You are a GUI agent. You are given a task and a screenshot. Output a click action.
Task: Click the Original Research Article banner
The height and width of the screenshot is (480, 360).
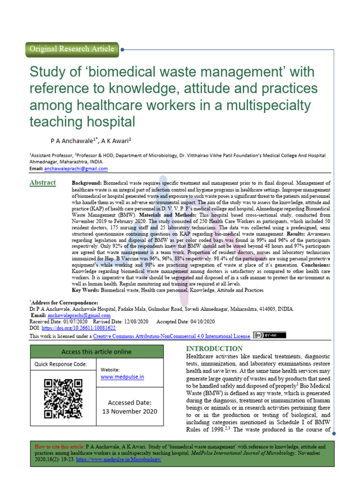pyautogui.click(x=71, y=49)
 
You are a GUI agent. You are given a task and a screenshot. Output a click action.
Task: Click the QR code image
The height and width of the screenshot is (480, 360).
pyautogui.click(x=63, y=398)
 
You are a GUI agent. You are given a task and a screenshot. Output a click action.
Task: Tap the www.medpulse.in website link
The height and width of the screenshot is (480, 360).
pyautogui.click(x=122, y=377)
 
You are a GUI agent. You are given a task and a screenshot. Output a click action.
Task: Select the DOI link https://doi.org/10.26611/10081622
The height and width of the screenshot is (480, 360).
pyautogui.click(x=80, y=328)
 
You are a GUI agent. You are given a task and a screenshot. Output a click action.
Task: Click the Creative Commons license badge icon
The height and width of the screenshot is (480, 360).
pyautogui.click(x=270, y=335)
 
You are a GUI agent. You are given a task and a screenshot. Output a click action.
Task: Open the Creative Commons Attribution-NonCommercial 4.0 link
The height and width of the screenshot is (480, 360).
pyautogui.click(x=172, y=336)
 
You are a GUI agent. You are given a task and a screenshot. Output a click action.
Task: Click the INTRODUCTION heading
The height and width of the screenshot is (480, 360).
pyautogui.click(x=215, y=349)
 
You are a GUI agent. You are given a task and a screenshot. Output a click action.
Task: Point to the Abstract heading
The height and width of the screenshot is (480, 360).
pyautogui.click(x=43, y=182)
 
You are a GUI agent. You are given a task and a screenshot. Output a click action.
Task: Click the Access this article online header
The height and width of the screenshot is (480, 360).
pyautogui.click(x=97, y=352)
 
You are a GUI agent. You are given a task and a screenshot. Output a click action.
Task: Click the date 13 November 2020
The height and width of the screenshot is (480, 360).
pyautogui.click(x=130, y=411)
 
